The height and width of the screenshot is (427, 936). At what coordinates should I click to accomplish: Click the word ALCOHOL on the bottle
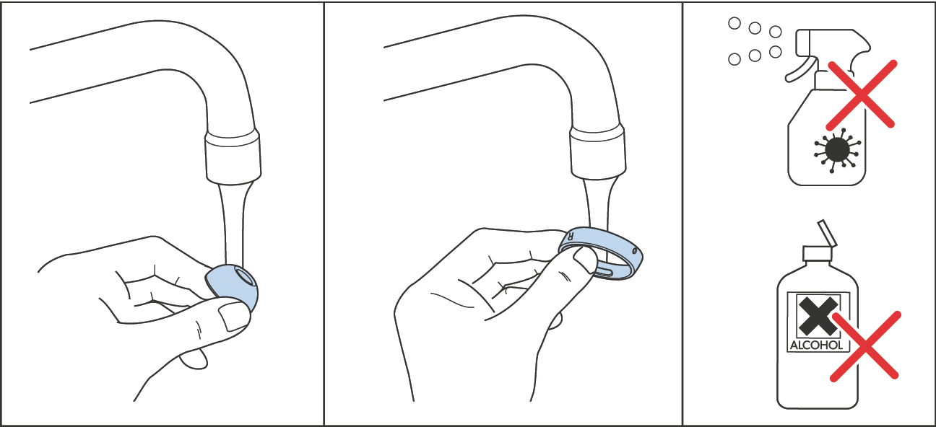click(x=816, y=345)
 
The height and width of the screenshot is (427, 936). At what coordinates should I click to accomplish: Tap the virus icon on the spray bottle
click(x=836, y=149)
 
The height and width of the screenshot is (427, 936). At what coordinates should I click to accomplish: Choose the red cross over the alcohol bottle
click(x=864, y=346)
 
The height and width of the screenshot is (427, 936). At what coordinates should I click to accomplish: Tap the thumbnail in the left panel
click(x=233, y=315)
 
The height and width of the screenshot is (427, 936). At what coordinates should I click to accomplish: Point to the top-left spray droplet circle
click(x=734, y=23)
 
